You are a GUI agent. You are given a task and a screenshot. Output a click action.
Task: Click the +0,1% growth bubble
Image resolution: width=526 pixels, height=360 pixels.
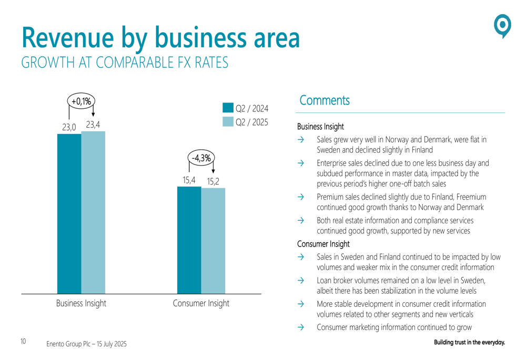pos(81,101)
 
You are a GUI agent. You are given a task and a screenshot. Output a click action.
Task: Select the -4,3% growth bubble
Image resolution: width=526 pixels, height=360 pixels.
pos(201,157)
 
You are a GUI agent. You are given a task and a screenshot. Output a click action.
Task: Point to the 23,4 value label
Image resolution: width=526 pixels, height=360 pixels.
pos(93,125)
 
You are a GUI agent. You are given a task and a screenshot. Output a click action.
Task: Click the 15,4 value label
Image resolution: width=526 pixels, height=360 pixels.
pos(189,180)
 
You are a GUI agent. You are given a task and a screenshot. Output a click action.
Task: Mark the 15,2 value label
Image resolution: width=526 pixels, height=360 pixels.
pos(213,182)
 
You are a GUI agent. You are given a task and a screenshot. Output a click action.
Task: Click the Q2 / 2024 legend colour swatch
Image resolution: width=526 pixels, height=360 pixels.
pos(228,108)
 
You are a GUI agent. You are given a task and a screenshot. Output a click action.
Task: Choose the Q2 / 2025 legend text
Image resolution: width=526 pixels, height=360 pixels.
pos(251,122)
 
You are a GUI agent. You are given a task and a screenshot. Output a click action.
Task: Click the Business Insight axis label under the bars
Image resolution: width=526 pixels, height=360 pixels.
pos(82,303)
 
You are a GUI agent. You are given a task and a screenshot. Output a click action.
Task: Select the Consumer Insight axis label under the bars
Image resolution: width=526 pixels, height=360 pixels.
pos(201,303)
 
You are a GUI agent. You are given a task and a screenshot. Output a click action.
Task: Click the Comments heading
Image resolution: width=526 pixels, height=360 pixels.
pos(323,100)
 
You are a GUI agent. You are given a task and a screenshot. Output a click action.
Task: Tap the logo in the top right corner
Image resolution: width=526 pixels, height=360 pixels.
pos(503,26)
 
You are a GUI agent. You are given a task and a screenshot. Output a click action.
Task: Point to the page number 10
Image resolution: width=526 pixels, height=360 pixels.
pos(23,342)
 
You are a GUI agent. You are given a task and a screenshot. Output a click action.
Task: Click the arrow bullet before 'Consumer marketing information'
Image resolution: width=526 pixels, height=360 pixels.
pos(301,327)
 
